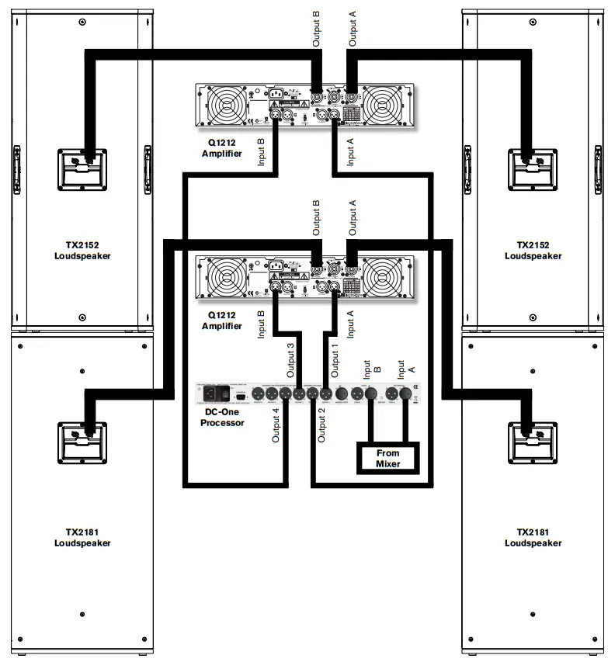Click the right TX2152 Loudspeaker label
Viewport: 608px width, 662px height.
(x=533, y=250)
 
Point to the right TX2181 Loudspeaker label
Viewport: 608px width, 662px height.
(x=533, y=537)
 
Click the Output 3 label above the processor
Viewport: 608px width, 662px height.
(x=291, y=359)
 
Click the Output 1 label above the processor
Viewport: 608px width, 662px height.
(x=335, y=359)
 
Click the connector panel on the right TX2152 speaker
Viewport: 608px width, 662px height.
(x=533, y=168)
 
